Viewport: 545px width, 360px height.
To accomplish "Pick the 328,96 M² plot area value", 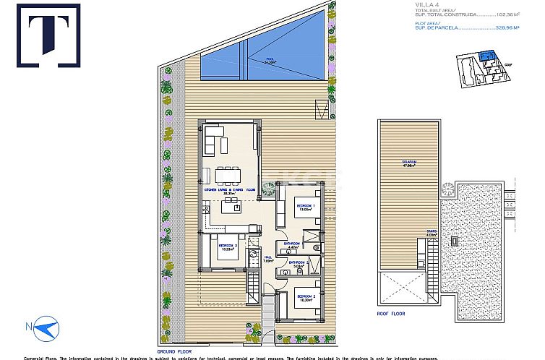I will (525, 30).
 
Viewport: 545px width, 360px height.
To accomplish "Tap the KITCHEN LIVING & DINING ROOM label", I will (230, 190).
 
